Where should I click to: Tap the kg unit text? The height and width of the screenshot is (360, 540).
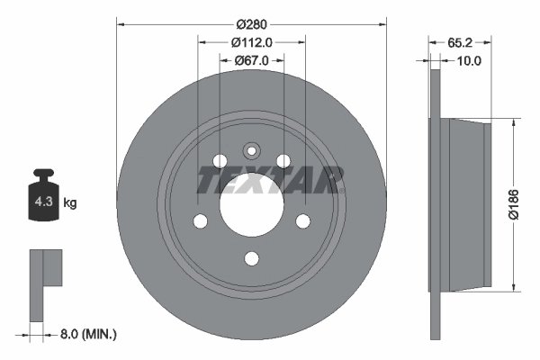click(70, 203)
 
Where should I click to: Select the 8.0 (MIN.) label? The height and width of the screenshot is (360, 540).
click(86, 334)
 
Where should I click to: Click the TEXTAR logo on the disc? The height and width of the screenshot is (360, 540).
click(270, 180)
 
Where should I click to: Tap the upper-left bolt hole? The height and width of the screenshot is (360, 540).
click(219, 161)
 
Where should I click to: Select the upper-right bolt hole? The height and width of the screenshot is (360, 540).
click(283, 161)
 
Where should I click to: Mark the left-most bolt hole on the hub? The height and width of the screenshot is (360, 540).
click(200, 221)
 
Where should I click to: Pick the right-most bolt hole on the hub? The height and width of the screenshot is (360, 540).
click(303, 221)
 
